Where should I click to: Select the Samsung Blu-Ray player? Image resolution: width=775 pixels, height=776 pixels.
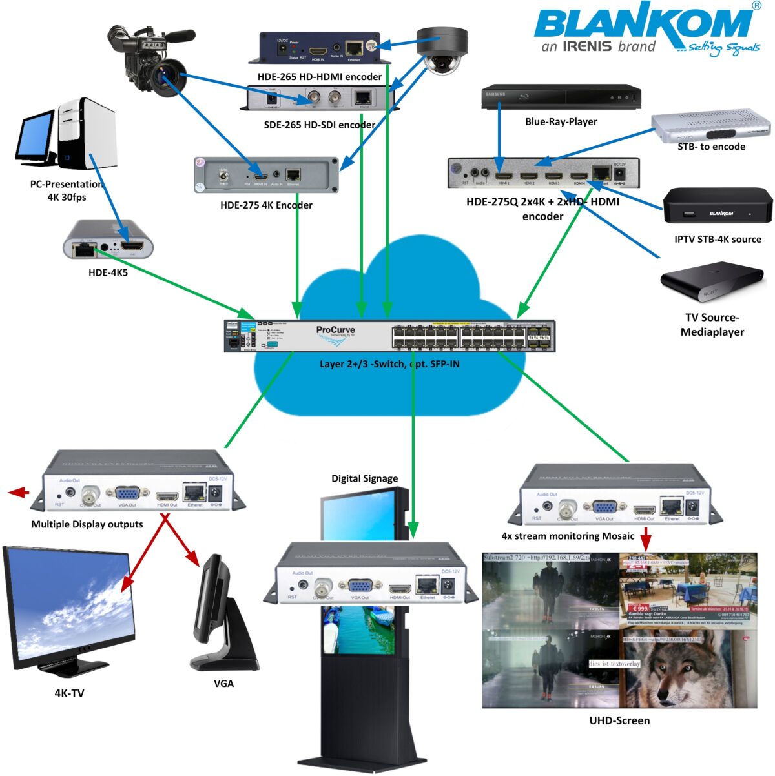561,97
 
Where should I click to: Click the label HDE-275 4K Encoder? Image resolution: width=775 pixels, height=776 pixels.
266,205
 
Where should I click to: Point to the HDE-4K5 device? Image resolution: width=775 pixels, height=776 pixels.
108,240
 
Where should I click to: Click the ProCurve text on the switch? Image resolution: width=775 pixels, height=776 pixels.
335,330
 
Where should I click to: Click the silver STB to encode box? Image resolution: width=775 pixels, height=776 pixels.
710,126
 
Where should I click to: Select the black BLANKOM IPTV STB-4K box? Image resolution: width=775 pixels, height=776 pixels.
718,207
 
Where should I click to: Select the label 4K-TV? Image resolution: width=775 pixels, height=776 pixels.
69,693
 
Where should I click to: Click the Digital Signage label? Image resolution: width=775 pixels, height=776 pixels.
364,478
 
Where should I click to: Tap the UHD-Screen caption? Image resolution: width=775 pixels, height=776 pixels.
619,720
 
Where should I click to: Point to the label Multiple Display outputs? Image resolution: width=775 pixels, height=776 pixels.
87,524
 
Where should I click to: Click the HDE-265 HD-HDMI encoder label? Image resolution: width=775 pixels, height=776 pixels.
320,77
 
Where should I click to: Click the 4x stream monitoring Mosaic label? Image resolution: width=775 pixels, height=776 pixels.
568,536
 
